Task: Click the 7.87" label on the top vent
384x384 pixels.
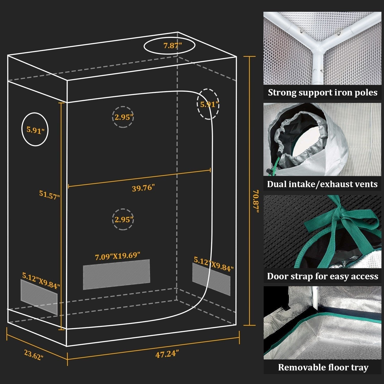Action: (x=173, y=46)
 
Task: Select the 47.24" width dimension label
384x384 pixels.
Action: (x=167, y=354)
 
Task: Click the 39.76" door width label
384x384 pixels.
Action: (x=143, y=188)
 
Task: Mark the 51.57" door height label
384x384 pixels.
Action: (x=49, y=195)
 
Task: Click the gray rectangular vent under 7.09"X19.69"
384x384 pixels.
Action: (x=116, y=274)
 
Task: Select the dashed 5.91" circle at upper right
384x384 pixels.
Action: (x=208, y=104)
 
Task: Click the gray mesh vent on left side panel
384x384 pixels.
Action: (x=39, y=297)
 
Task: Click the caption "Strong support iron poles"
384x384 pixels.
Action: (x=323, y=92)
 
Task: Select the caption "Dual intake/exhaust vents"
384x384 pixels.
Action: (x=322, y=184)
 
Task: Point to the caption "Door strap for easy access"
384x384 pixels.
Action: (x=323, y=276)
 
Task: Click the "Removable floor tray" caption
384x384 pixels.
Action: (x=323, y=367)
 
